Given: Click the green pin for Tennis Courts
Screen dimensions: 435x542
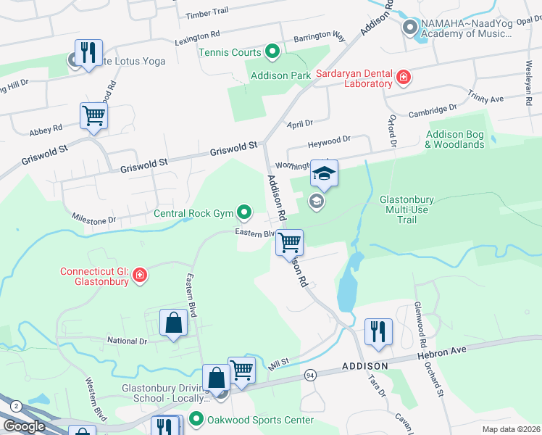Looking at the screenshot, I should tap(272, 51).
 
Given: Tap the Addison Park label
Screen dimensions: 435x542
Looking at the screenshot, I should tap(279, 75).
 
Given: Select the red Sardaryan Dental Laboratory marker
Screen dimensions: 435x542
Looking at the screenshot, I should tap(404, 78).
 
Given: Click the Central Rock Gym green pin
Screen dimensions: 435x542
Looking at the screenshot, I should tap(245, 213).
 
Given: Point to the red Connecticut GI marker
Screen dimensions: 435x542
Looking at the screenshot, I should tap(140, 275).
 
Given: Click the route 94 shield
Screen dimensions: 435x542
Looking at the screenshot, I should tap(310, 374).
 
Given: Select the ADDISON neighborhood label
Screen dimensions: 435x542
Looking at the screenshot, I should tap(365, 366).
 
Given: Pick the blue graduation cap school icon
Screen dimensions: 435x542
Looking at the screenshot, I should tap(324, 175).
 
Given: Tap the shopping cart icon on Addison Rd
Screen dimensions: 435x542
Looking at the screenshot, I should tap(289, 243).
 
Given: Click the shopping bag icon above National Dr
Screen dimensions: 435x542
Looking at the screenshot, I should tap(174, 323).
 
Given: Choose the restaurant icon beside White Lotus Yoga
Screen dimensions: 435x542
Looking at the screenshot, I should tap(88, 54).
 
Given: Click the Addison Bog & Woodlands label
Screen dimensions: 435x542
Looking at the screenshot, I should tap(454, 139).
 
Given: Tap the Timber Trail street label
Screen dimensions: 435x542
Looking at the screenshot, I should tap(207, 12).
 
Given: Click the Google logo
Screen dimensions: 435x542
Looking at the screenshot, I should tap(24, 426).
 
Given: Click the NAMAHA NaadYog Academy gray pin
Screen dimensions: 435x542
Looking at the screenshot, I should tap(409, 28).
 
